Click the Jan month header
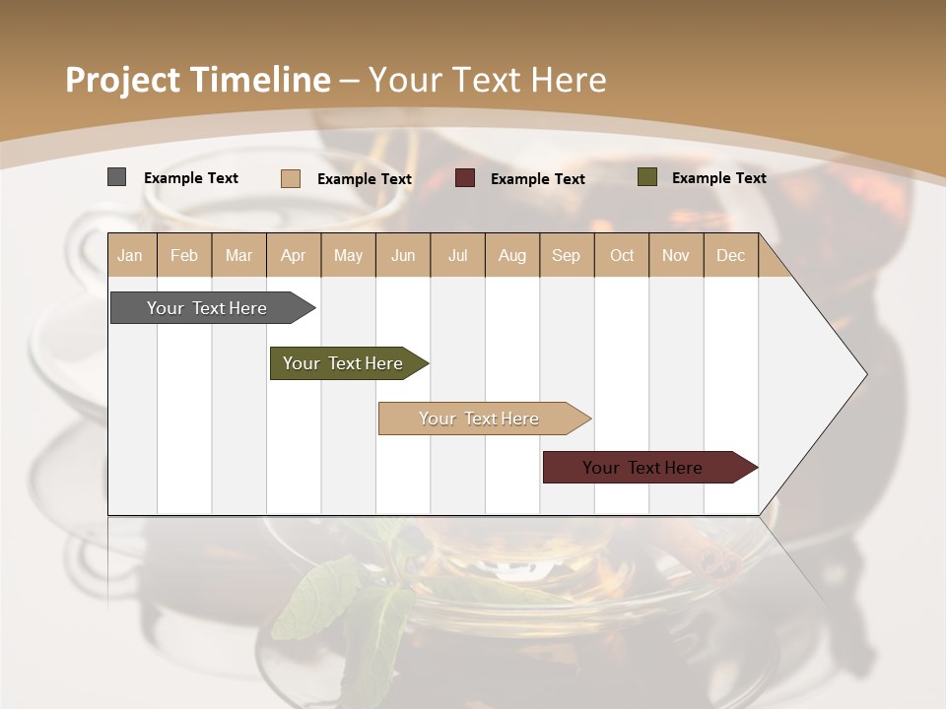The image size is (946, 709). (131, 255)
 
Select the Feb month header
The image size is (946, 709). (184, 255)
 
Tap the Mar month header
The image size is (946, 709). (238, 255)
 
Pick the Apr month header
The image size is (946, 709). (294, 255)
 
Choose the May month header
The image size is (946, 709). (348, 255)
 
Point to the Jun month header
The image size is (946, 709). (403, 255)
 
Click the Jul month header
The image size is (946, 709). (457, 255)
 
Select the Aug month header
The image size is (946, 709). (512, 255)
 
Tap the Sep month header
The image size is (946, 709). (567, 255)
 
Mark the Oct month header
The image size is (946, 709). (622, 255)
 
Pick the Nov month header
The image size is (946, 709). (676, 255)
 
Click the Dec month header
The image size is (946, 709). (731, 255)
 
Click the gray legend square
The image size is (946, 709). (116, 177)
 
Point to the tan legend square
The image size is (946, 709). (291, 178)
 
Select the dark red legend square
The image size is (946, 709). (465, 178)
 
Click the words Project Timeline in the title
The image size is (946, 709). (198, 80)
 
